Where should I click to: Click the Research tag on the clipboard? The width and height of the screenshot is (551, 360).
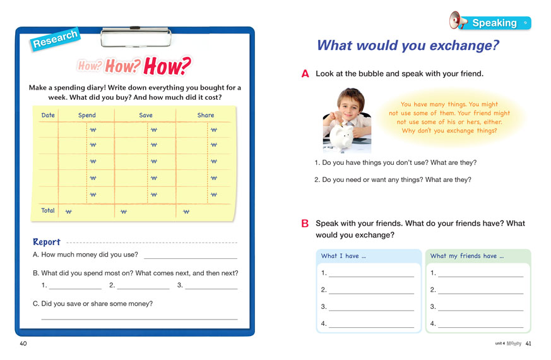point(54,39)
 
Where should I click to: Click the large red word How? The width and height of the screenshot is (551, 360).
point(167,66)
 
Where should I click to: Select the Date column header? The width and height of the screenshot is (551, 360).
point(48,115)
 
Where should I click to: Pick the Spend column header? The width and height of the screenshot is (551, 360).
point(87,115)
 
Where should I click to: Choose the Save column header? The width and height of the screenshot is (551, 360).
point(146,115)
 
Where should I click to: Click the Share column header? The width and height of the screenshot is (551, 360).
point(206,115)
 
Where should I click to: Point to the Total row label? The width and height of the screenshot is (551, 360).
point(48,210)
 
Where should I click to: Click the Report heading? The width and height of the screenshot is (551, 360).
point(47,242)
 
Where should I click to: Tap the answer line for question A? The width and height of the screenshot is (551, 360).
point(190,257)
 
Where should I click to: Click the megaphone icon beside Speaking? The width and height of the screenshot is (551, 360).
point(458,21)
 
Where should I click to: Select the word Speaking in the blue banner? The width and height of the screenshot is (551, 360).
point(494,23)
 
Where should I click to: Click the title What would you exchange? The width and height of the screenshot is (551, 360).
point(408,45)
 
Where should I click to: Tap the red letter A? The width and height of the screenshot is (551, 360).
point(305,74)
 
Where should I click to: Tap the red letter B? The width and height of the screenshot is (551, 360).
point(305,224)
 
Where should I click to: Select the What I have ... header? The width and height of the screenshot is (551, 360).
point(343,256)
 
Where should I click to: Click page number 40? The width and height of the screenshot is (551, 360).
point(23,344)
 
